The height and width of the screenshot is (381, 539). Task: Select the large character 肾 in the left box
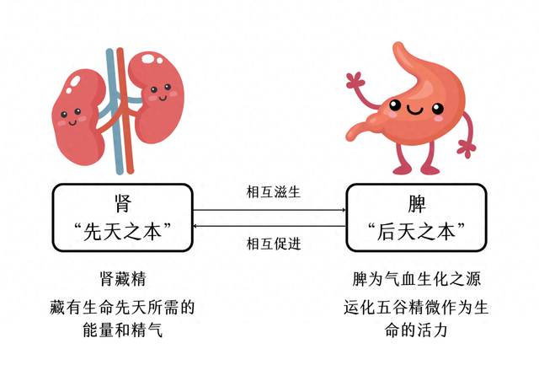point(121,202)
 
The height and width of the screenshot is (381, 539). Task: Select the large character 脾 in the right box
point(417,202)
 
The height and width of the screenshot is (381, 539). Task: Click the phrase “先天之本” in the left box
point(122,229)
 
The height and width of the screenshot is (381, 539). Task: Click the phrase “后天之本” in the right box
point(417,229)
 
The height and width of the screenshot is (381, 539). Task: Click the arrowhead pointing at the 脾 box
point(343,210)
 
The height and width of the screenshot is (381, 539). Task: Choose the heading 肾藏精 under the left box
point(122,278)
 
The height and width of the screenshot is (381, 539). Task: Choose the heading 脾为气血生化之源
point(417,278)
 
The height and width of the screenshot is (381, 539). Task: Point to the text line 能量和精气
point(122,330)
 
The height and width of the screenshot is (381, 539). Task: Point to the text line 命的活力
point(417,330)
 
